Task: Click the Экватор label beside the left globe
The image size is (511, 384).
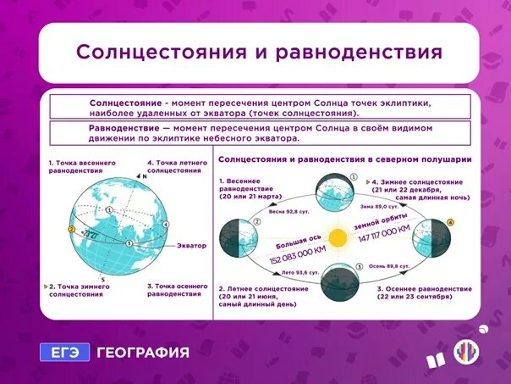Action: [x=190, y=245]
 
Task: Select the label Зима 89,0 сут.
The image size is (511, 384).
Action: [x=378, y=206]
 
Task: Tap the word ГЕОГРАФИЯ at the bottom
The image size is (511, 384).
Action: [x=142, y=353]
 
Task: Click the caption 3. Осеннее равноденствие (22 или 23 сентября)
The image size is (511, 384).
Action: [x=420, y=293]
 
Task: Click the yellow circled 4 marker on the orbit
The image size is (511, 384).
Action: [x=450, y=223]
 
